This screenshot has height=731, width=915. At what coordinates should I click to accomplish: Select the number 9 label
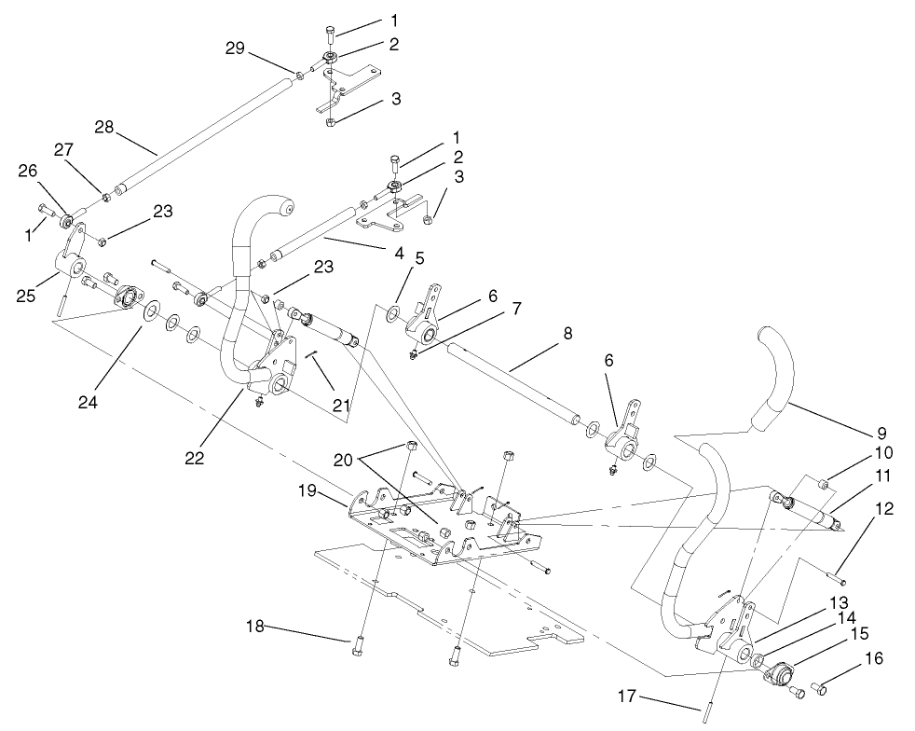point(881,433)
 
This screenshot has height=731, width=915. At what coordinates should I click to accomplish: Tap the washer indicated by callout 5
point(395,310)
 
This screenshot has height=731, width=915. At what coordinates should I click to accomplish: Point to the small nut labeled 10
point(825,484)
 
